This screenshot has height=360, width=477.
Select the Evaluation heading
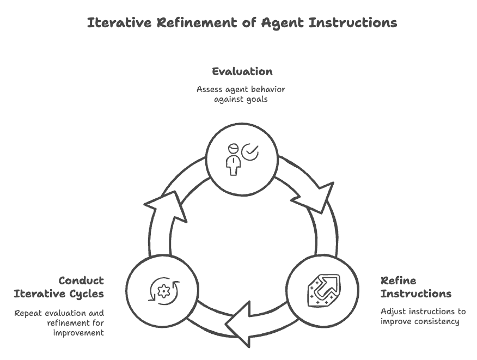tap(242, 71)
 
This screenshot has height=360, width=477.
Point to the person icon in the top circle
tap(234, 159)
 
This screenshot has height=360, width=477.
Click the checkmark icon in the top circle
tap(250, 152)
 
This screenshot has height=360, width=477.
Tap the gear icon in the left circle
tap(163, 291)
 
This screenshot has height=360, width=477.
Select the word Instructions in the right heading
tap(415, 294)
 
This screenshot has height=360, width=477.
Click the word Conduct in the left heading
tap(81, 281)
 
